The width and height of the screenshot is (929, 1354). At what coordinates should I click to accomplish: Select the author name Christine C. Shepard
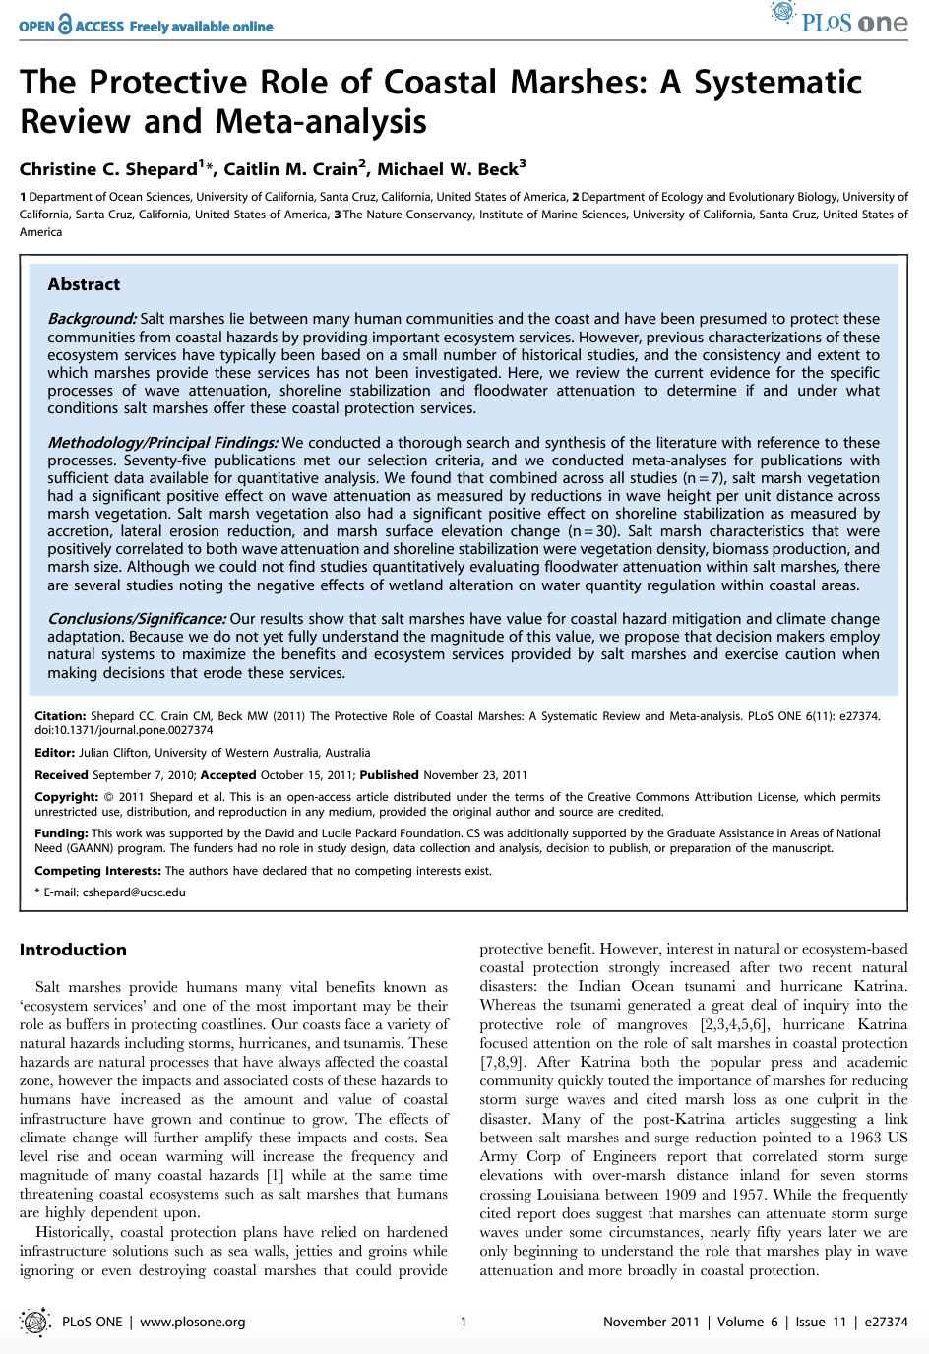tap(108, 169)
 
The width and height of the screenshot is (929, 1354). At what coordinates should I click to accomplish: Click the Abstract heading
tap(84, 284)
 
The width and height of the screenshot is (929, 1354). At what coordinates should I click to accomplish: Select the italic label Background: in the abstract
tap(92, 319)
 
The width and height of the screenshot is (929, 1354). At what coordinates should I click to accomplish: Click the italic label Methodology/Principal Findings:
tap(162, 443)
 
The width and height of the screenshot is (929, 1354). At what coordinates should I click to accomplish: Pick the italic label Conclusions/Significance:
tap(137, 619)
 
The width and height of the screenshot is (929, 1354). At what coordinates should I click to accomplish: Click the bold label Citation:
tap(60, 716)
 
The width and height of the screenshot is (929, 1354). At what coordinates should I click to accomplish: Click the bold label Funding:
tap(61, 833)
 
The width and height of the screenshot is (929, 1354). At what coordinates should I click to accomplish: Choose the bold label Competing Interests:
tap(97, 871)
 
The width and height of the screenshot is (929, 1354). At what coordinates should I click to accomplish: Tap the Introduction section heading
tap(73, 950)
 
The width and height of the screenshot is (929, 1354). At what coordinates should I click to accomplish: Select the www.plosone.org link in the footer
tap(192, 1322)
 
